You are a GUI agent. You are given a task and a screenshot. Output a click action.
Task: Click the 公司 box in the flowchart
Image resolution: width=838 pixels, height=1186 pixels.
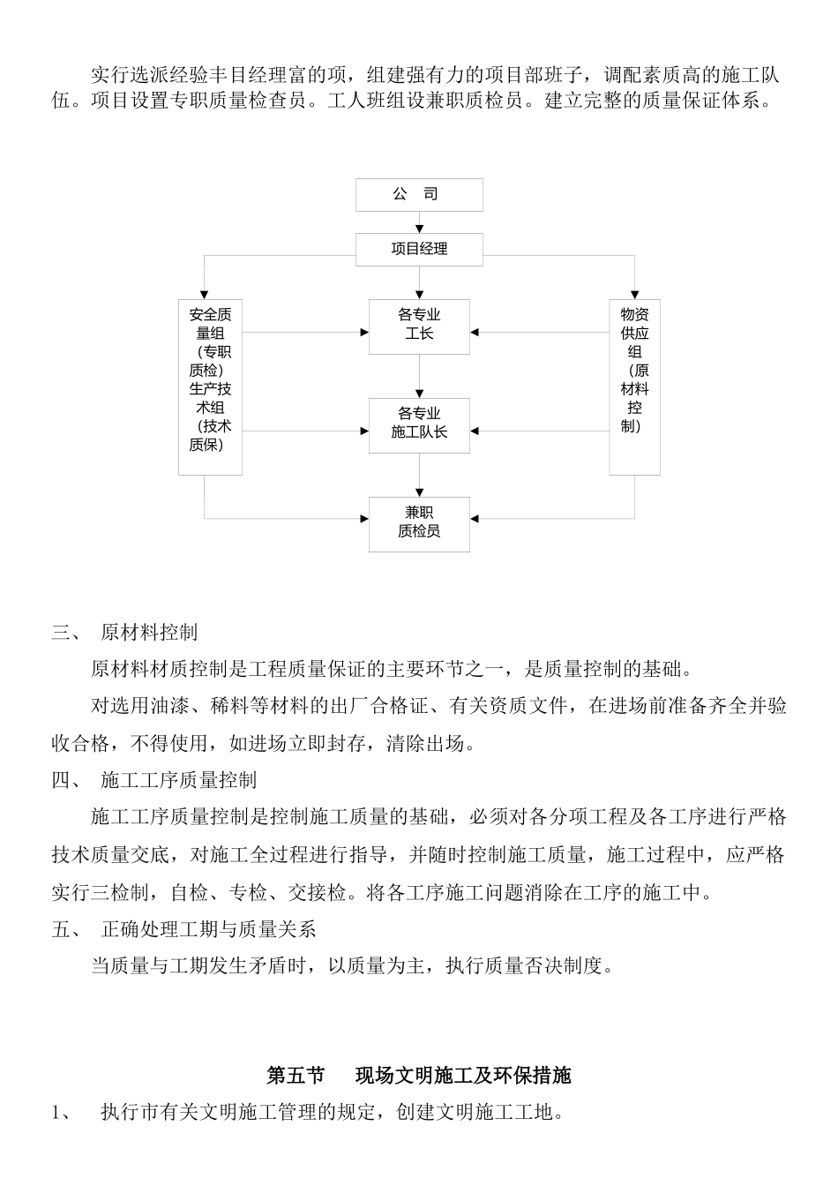coord(419,195)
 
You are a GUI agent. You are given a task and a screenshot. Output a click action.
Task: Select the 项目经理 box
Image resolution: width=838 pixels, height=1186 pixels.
coord(419,250)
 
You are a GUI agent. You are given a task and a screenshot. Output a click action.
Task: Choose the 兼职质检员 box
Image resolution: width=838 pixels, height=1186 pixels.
coord(419,524)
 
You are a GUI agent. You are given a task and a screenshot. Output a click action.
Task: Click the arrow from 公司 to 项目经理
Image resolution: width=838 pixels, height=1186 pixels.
coord(419,223)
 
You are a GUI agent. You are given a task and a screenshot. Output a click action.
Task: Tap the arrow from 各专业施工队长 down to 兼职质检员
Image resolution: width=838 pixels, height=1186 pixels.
coord(419,476)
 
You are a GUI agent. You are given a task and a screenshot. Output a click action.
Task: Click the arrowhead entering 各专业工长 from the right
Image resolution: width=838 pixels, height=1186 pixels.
coord(475,333)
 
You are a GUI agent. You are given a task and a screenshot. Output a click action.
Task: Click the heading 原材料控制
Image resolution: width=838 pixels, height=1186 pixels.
coord(149,633)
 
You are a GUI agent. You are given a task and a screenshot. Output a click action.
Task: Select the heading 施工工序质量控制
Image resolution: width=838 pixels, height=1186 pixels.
coord(178,780)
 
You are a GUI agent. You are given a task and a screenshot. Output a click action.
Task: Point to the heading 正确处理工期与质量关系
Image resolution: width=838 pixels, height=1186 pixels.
coord(208,929)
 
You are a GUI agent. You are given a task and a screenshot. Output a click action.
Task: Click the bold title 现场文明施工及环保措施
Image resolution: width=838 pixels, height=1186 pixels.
coord(463,1076)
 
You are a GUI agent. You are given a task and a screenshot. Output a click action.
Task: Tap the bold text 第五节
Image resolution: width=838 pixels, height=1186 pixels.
coord(296,1076)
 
